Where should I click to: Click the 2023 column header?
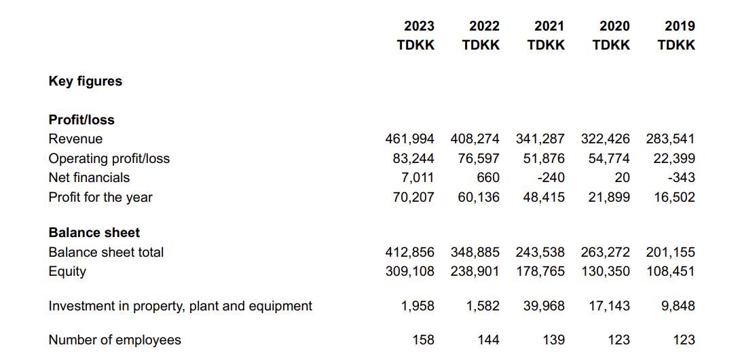click(419, 26)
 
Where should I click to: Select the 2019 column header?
click(680, 26)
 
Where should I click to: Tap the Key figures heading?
click(86, 82)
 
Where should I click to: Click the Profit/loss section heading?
click(81, 120)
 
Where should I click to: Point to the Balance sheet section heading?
click(94, 232)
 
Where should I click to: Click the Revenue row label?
click(75, 139)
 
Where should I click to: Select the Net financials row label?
click(89, 178)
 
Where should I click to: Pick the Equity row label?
click(67, 272)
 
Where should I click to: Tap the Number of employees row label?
click(115, 340)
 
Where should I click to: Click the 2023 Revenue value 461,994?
click(409, 139)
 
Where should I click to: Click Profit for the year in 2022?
click(475, 198)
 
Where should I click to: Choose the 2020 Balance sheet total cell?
click(605, 252)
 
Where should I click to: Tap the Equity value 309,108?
click(409, 272)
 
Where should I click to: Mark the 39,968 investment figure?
click(544, 306)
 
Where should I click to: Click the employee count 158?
click(424, 340)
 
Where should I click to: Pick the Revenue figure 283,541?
click(670, 139)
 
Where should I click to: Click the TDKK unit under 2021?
click(546, 45)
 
